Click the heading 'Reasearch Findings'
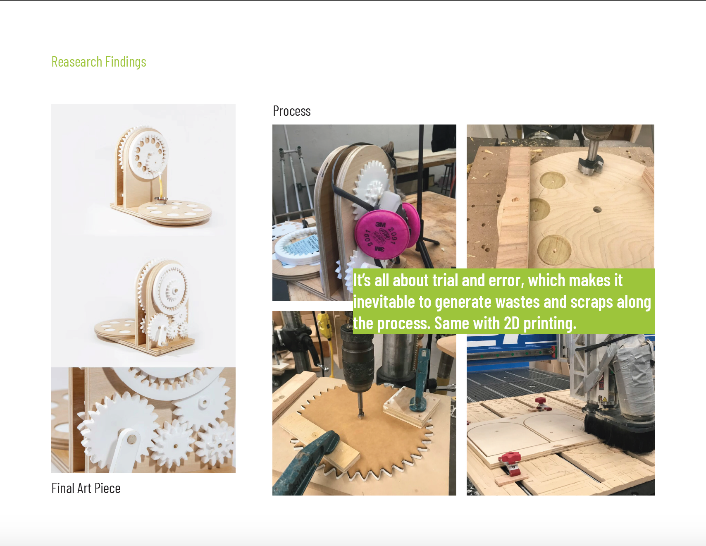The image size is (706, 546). tap(99, 62)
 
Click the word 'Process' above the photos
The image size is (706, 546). tap(292, 111)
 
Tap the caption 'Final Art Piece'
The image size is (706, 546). tap(86, 488)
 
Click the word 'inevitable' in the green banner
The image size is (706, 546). tap(384, 302)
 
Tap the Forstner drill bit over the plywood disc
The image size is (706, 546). tap(590, 157)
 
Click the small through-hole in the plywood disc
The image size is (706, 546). tap(597, 210)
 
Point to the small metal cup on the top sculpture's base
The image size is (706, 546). tap(161, 201)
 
